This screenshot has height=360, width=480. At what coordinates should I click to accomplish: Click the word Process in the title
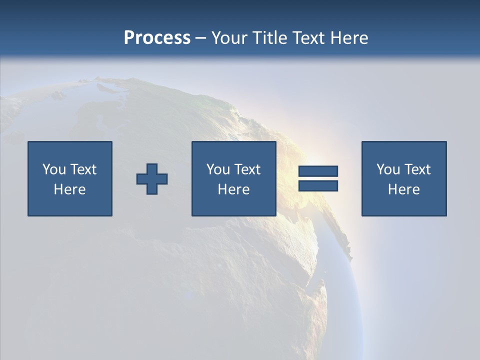157,37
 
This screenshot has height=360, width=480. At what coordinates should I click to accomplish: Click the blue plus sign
152,179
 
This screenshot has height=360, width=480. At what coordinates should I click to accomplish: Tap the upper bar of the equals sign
318,171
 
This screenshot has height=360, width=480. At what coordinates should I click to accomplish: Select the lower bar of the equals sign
318,185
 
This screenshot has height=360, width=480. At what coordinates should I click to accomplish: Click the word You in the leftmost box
54,169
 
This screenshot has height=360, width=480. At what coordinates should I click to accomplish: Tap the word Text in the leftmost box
83,169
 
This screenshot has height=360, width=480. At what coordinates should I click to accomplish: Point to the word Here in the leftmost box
70,189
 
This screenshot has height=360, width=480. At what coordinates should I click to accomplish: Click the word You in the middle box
218,169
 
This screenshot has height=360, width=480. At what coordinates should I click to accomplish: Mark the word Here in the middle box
234,189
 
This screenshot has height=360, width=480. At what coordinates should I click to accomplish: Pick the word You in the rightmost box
388,169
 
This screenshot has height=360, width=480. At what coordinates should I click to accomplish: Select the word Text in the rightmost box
417,169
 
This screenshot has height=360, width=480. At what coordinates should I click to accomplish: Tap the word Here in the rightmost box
404,189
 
